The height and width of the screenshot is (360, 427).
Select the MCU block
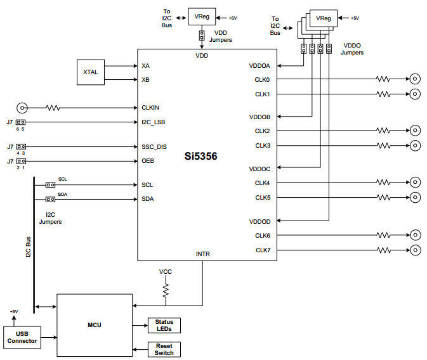[x=95, y=326]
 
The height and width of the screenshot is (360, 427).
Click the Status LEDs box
[x=164, y=325]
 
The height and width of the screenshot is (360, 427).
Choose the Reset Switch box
[x=164, y=349]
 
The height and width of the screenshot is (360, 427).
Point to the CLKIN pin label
[x=150, y=108]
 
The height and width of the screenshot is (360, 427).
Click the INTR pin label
[x=202, y=254]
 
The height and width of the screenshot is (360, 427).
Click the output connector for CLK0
[x=414, y=79]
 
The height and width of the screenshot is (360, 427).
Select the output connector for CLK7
[x=414, y=249]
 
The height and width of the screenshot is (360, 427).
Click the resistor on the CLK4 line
[x=383, y=183]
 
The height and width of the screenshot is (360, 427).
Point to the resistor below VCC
[x=166, y=290]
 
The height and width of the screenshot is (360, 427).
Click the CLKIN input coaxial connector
[x=22, y=108]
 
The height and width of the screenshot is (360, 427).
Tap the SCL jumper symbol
[x=49, y=185]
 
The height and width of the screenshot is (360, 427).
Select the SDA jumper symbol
[x=49, y=199]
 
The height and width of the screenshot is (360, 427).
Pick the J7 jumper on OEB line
[x=21, y=161]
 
